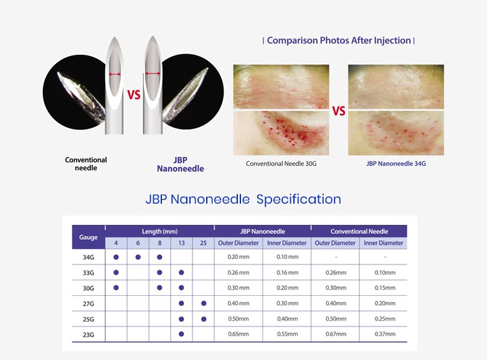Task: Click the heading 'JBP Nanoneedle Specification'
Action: coord(243,199)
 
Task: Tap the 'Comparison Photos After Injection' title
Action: coord(339,40)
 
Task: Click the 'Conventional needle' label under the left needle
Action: coord(86,164)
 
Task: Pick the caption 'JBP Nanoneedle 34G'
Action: coord(395,164)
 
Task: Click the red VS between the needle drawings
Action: coord(133,95)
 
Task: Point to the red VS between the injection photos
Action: coord(338,111)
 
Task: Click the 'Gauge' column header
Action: coord(88,237)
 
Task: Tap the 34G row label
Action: coord(88,257)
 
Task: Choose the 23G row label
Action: coord(88,334)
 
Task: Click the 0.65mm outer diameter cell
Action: coord(238,334)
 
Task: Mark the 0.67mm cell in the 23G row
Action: coord(334,334)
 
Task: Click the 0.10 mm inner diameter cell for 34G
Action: coord(286,257)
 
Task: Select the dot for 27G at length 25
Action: coord(203,303)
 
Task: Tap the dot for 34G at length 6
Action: coord(138,257)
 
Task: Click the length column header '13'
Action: coord(181,243)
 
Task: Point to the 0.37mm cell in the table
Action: coord(383,334)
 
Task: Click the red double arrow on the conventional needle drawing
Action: coord(115,74)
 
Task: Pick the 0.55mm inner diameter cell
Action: coord(286,334)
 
